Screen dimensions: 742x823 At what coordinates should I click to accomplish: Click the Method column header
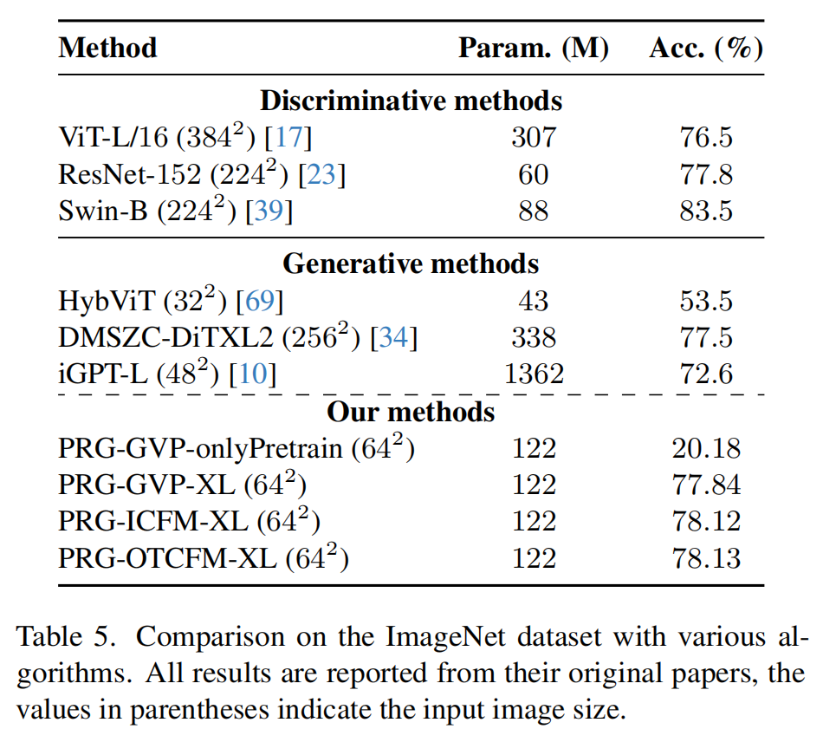107,48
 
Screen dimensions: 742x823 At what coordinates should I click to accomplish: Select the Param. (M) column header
533,48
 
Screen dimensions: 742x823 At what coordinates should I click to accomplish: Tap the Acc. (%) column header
706,48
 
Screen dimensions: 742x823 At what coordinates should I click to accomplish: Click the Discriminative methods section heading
411,101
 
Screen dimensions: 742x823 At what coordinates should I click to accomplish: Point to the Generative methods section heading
411,263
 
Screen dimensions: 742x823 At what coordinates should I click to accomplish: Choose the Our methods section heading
411,411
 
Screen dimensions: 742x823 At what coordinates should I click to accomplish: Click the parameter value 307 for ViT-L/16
533,138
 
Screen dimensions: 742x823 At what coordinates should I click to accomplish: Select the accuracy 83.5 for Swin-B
706,212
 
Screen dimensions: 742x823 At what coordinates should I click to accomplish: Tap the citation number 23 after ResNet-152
321,175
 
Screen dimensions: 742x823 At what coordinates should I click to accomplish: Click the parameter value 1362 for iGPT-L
533,374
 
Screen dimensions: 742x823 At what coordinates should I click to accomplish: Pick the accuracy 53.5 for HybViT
706,301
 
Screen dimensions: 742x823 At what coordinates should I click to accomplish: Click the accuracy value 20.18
706,449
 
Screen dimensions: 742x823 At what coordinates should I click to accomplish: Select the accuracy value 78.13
706,559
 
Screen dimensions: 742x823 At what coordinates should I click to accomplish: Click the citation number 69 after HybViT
260,301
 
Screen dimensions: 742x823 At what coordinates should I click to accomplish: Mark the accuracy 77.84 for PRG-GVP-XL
706,485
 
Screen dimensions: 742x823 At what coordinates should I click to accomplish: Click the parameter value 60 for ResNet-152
533,175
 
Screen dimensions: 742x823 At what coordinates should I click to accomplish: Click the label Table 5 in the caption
64,639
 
